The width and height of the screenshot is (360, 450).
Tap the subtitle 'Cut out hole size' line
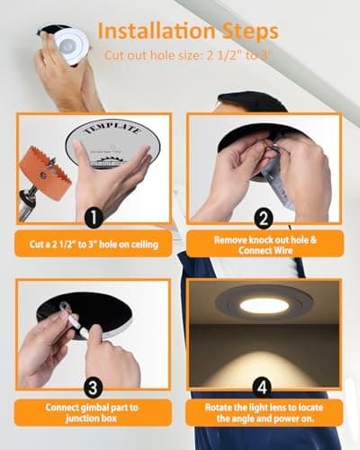coord(189,56)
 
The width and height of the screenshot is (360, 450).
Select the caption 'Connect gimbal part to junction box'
coord(93,412)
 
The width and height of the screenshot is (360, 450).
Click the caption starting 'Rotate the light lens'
coord(263,412)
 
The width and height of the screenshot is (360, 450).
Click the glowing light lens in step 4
coord(264,306)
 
